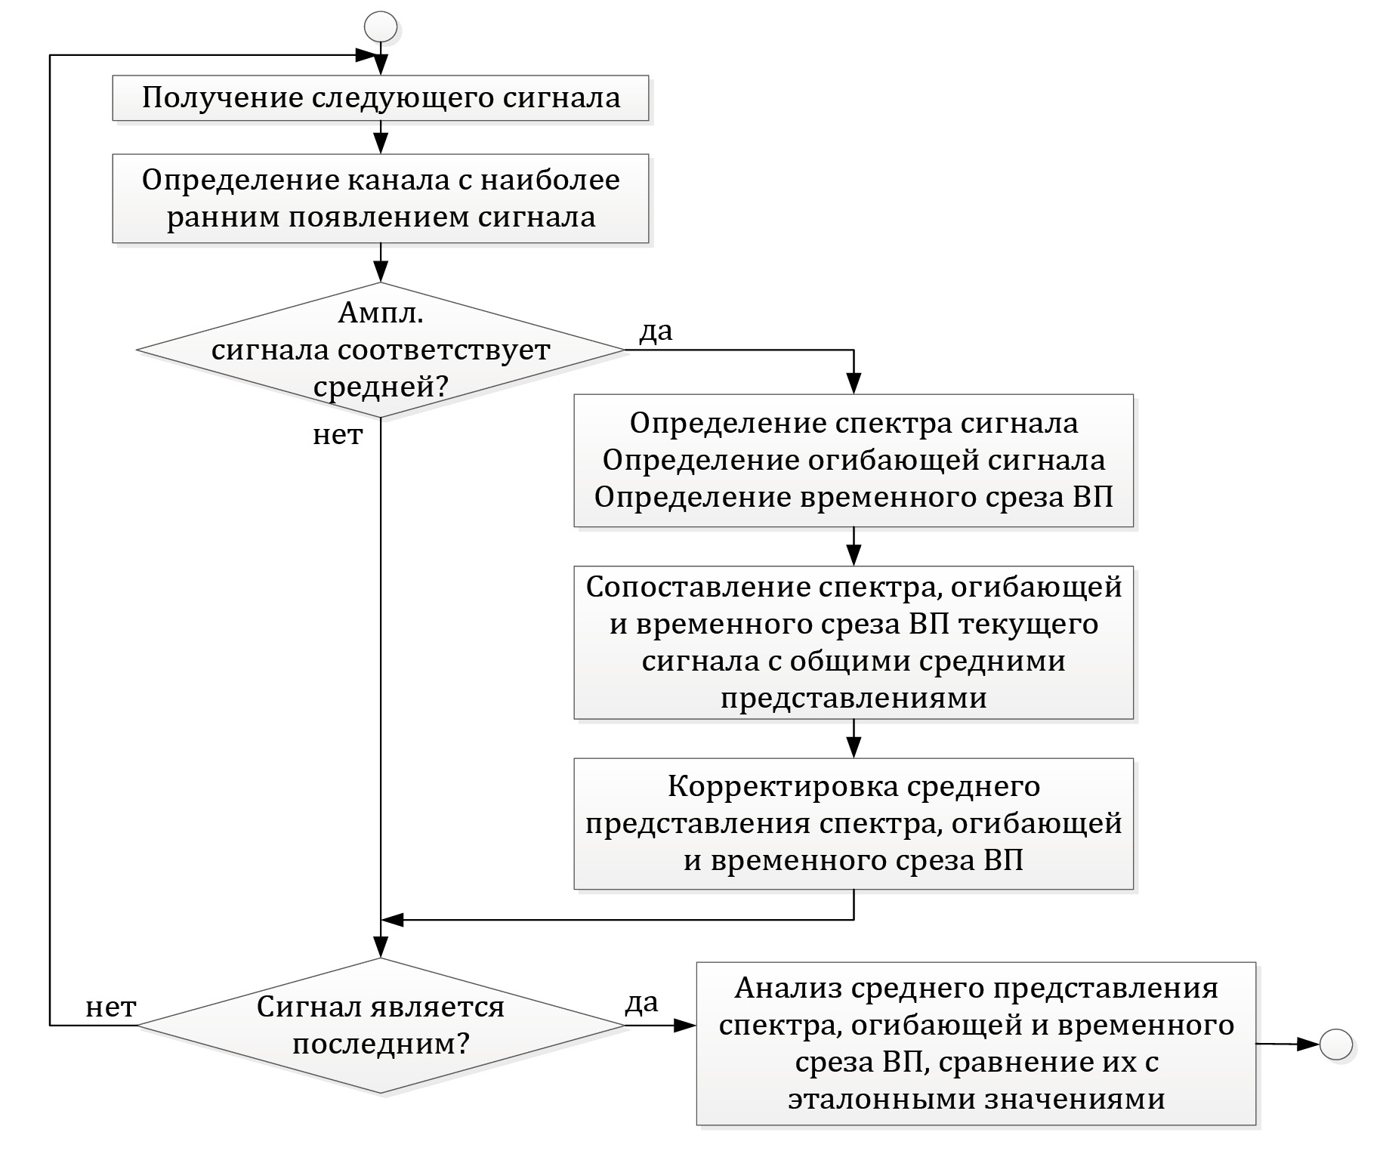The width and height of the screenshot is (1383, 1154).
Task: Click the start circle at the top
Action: [x=381, y=27]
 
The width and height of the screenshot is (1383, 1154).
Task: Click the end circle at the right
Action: [x=1335, y=1045]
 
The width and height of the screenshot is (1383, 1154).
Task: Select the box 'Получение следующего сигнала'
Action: [x=381, y=98]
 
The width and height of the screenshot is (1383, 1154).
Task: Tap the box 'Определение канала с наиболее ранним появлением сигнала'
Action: [x=381, y=199]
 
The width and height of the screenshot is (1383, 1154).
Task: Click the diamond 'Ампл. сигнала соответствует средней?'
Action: [x=381, y=350]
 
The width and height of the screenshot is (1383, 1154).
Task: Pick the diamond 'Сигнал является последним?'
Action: [x=381, y=1026]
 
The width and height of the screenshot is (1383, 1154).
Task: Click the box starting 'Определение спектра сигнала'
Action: [x=854, y=460]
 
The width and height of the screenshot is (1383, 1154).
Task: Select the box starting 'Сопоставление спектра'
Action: [x=854, y=642]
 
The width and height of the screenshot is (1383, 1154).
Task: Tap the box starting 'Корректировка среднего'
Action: [x=854, y=823]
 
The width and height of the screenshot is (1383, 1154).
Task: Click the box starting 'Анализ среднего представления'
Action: [x=976, y=1044]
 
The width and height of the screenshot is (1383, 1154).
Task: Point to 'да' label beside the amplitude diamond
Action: [x=656, y=331]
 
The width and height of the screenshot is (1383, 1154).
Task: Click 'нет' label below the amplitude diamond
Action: [x=338, y=435]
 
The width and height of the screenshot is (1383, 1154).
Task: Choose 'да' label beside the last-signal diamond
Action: [x=641, y=1002]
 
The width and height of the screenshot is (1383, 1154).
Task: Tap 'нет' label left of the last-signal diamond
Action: [x=110, y=1007]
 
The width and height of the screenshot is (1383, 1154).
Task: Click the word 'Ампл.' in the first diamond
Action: [x=381, y=313]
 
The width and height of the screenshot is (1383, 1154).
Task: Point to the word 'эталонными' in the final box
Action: [x=881, y=1099]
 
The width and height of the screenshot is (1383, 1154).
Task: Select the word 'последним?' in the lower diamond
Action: [x=381, y=1044]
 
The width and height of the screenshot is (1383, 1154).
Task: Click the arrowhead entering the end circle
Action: [x=1308, y=1044]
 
